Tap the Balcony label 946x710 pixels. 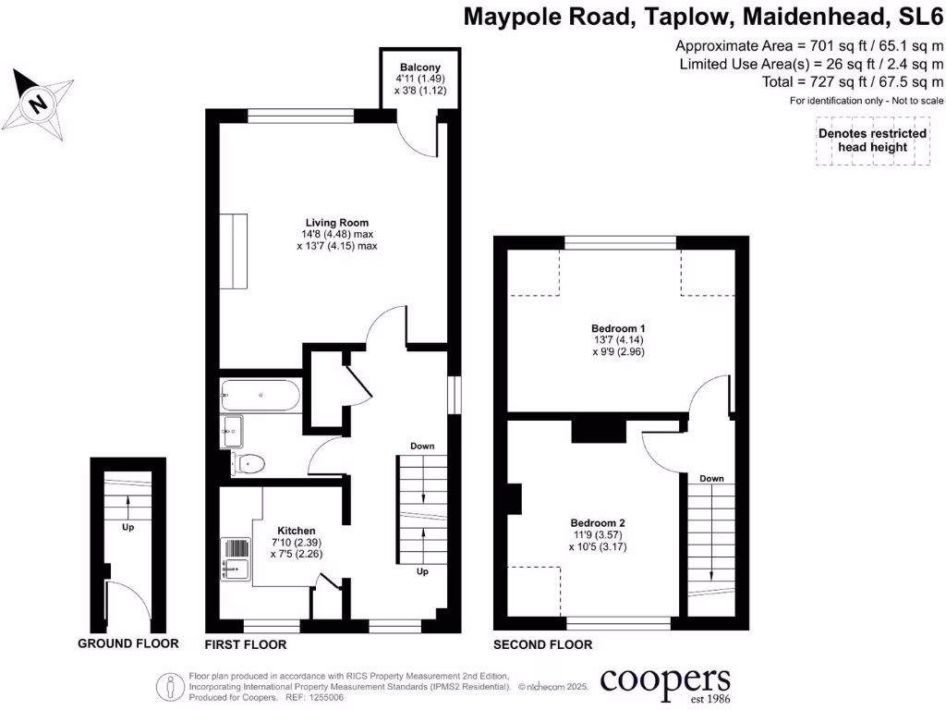click(x=419, y=67)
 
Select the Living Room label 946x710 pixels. click(x=337, y=223)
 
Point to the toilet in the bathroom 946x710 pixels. click(x=249, y=463)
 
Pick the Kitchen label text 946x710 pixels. click(x=295, y=530)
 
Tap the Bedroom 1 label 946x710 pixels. click(x=618, y=328)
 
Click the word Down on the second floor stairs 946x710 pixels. click(x=711, y=478)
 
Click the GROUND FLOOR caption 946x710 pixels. click(x=127, y=644)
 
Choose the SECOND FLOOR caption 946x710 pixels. click(x=542, y=644)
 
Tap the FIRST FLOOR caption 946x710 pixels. click(x=245, y=644)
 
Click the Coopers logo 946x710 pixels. click(x=665, y=683)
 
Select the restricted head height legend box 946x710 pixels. click(x=873, y=141)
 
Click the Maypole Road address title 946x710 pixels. click(x=703, y=18)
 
